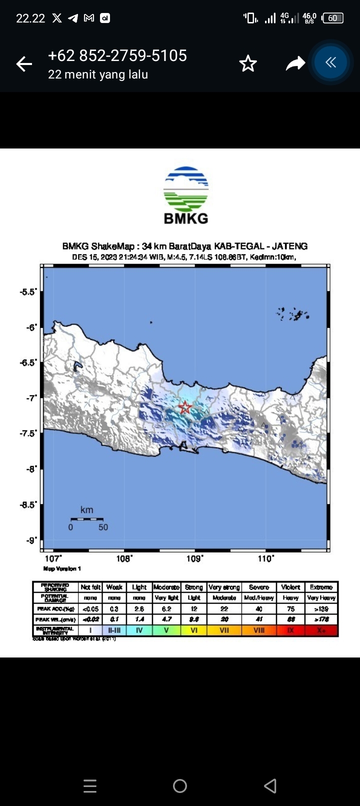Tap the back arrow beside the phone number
coord(24,64)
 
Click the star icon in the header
coord(248,64)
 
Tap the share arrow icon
coord(295,64)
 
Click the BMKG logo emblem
coord(186,189)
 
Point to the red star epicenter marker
coord(185,407)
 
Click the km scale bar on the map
coord(86,519)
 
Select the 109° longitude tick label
coord(195,558)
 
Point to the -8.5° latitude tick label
coord(28,504)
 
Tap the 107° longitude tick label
coord(53,558)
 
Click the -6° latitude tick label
coord(32,327)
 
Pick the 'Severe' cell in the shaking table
coord(259,587)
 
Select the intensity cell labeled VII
coord(224,630)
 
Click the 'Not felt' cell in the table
coord(90,587)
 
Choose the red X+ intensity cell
coord(321,630)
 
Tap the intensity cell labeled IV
coord(139,630)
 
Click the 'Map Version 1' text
coord(62,568)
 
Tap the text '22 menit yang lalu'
coord(98,75)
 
